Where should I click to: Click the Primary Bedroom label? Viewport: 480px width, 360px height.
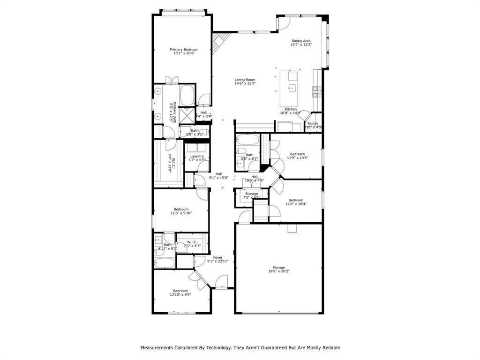(x=184, y=50)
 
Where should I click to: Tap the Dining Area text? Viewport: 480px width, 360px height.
(x=301, y=41)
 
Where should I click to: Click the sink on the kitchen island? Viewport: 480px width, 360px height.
(x=292, y=88)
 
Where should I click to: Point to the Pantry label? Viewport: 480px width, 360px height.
(x=313, y=124)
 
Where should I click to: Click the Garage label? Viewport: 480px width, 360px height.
(x=279, y=268)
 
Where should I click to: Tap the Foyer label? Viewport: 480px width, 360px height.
(x=218, y=257)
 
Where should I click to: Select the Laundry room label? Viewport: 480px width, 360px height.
(x=197, y=157)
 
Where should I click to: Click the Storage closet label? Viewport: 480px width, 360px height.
(x=252, y=194)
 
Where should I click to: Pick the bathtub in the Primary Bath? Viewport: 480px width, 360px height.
(x=187, y=95)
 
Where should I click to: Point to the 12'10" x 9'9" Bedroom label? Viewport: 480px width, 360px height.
(x=180, y=291)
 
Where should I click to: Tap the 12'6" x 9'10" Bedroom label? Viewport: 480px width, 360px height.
(x=181, y=209)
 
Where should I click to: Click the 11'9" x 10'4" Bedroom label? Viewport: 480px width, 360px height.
(x=297, y=154)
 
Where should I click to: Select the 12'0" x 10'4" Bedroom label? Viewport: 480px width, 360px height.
(x=296, y=200)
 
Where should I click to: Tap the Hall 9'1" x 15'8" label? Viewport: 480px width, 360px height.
(x=218, y=174)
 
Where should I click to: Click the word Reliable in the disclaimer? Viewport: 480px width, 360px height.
(x=329, y=348)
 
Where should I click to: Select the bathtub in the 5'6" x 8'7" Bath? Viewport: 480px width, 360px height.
(x=247, y=140)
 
